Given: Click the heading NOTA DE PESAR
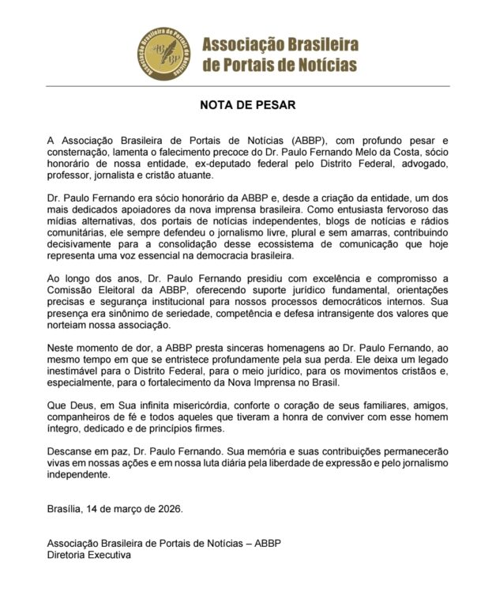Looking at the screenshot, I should point(248,104).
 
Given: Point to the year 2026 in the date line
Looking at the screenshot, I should point(167,508).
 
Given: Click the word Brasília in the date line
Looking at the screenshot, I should point(65,508).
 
